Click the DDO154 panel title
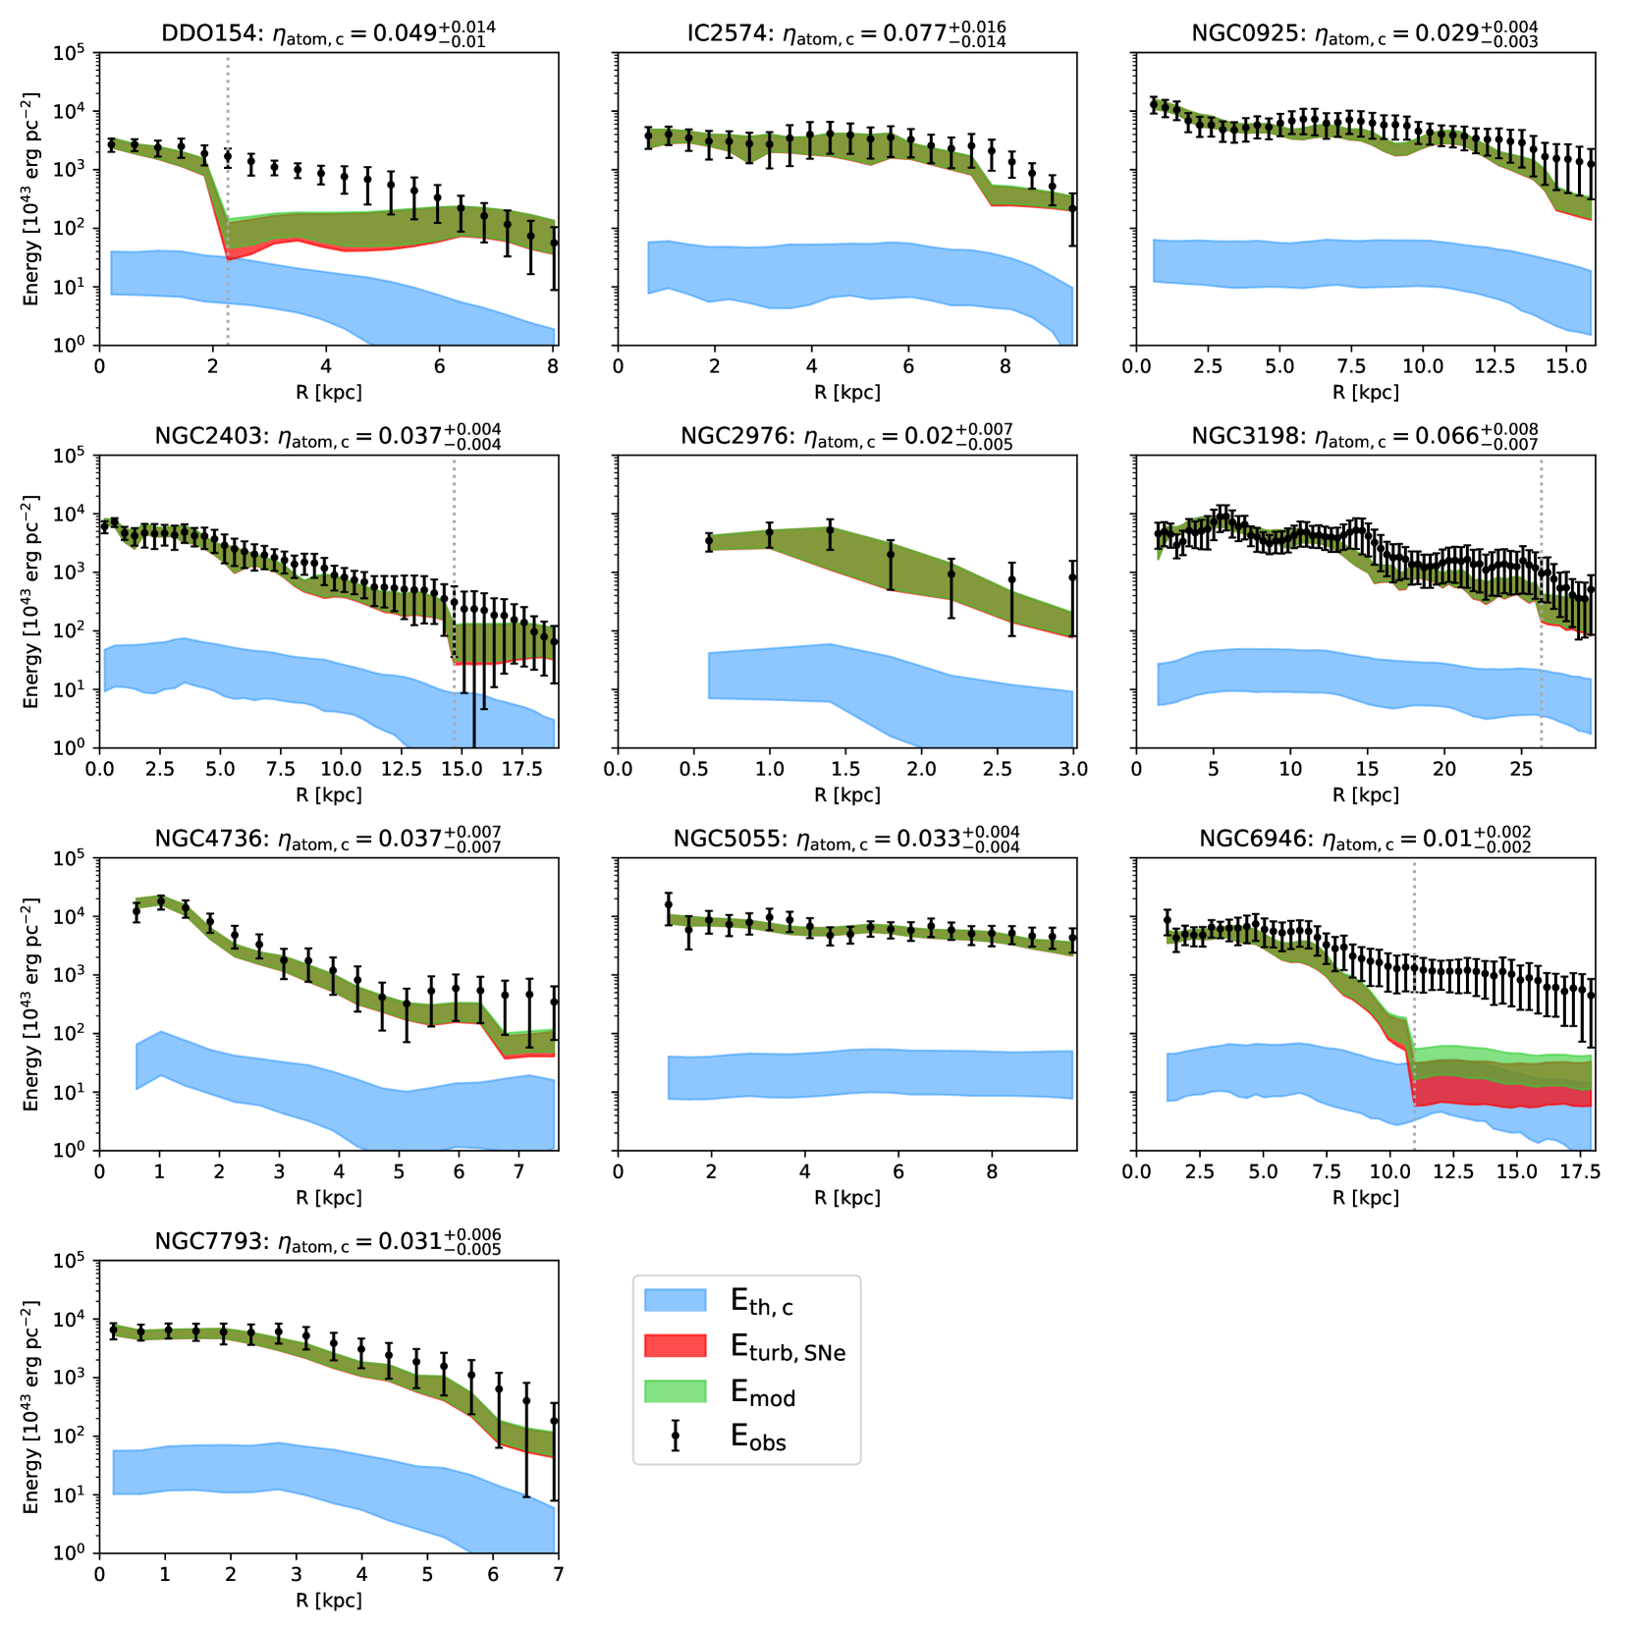(x=328, y=33)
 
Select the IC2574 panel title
(x=846, y=33)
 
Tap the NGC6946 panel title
(x=1365, y=840)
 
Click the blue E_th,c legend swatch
(x=675, y=1300)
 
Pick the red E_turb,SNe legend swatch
(x=675, y=1345)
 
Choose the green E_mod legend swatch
(x=675, y=1390)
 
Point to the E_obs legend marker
(x=675, y=1436)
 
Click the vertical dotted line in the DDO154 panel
(x=228, y=196)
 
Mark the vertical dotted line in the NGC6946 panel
(x=1414, y=1002)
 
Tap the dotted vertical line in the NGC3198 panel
(x=1541, y=599)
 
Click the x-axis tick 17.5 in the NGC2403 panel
(x=521, y=769)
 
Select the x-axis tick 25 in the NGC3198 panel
(x=1521, y=769)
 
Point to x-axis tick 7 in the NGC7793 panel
(x=558, y=1574)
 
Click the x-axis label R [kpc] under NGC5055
(x=846, y=1198)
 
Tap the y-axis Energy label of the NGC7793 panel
(x=30, y=1406)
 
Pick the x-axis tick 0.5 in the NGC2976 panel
(x=693, y=769)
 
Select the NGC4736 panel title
(x=328, y=840)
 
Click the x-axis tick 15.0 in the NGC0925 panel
(x=1566, y=366)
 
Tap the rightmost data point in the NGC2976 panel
(x=1073, y=577)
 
